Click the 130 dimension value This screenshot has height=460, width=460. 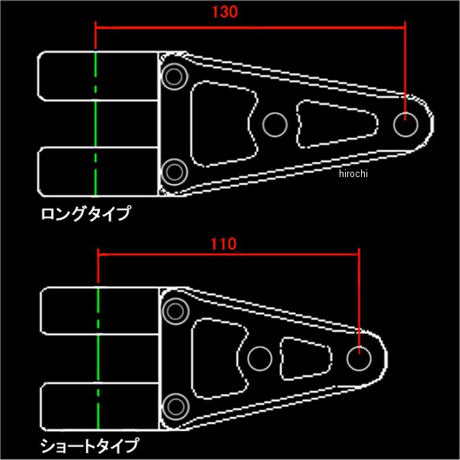(225, 12)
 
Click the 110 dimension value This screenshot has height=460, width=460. (224, 244)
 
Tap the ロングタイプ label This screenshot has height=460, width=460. (85, 213)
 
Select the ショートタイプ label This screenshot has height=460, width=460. (89, 445)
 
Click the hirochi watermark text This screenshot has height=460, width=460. (353, 174)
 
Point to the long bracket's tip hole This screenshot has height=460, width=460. (406, 124)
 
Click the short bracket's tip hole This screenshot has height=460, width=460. (359, 358)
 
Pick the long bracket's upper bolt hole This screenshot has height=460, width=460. (174, 76)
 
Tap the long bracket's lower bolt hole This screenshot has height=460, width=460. (174, 172)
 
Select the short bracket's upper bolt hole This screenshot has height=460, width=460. (176, 310)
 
